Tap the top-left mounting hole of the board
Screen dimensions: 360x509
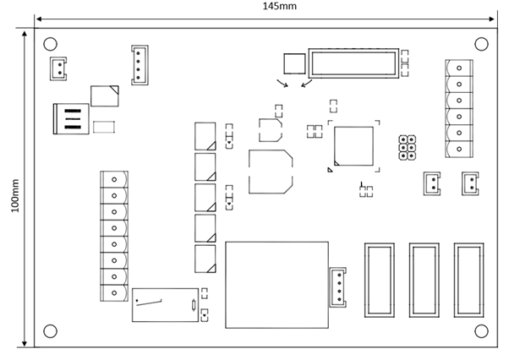point(50,44)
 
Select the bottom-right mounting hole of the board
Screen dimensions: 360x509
point(481,330)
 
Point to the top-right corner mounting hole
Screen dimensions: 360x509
point(481,44)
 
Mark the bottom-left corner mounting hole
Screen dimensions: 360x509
point(50,330)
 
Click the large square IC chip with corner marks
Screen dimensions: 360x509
point(353,146)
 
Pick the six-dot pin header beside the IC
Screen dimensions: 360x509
point(408,147)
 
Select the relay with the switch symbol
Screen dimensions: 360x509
point(164,304)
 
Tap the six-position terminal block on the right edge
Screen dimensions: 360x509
point(458,107)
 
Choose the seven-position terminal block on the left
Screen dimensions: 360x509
point(114,236)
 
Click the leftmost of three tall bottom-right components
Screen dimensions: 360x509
point(379,280)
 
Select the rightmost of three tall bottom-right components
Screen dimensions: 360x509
point(468,280)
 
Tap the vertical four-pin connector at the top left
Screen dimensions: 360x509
point(140,64)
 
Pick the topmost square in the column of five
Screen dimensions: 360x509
point(205,136)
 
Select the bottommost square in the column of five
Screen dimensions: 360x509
point(205,258)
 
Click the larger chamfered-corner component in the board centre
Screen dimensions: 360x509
point(271,172)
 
